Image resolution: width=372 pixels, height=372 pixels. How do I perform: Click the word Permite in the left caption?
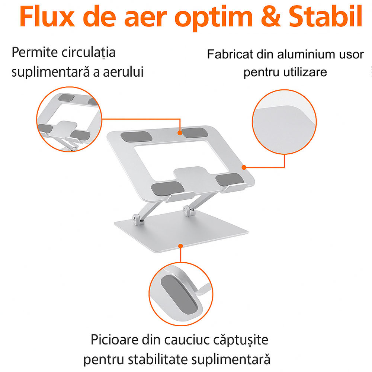(x=33, y=52)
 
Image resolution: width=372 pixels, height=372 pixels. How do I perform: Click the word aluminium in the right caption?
(x=301, y=55)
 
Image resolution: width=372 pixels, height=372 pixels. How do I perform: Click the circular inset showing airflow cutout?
(x=70, y=118)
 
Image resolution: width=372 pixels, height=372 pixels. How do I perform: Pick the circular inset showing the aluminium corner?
(x=285, y=122)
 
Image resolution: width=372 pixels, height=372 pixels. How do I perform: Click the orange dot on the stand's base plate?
(x=180, y=246)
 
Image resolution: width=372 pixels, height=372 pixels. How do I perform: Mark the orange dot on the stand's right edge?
(x=244, y=167)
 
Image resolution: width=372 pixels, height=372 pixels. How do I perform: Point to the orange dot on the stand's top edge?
(x=180, y=132)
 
